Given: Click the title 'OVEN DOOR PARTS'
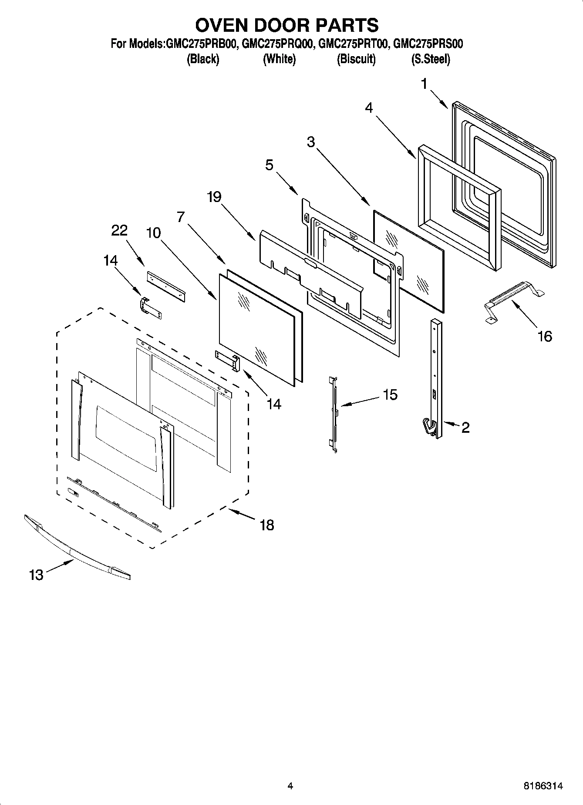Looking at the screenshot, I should coord(286,25).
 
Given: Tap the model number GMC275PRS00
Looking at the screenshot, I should coord(428,44).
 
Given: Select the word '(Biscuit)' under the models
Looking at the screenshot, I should coord(356,59).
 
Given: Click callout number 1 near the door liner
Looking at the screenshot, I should coord(425,84).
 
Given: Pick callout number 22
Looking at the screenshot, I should coord(119,230).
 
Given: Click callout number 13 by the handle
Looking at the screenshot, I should coord(36,575).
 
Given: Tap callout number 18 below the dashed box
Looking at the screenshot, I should coord(266,525).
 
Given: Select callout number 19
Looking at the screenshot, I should coord(214,197).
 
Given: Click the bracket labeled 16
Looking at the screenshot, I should coord(514,298).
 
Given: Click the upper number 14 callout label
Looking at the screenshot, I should coord(110,260).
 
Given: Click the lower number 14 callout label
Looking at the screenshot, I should coord(274,404).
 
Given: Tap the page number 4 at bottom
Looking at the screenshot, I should coord(290,786).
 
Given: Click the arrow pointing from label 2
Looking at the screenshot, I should coord(451,424).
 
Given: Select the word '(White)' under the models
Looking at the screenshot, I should coord(279,59).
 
